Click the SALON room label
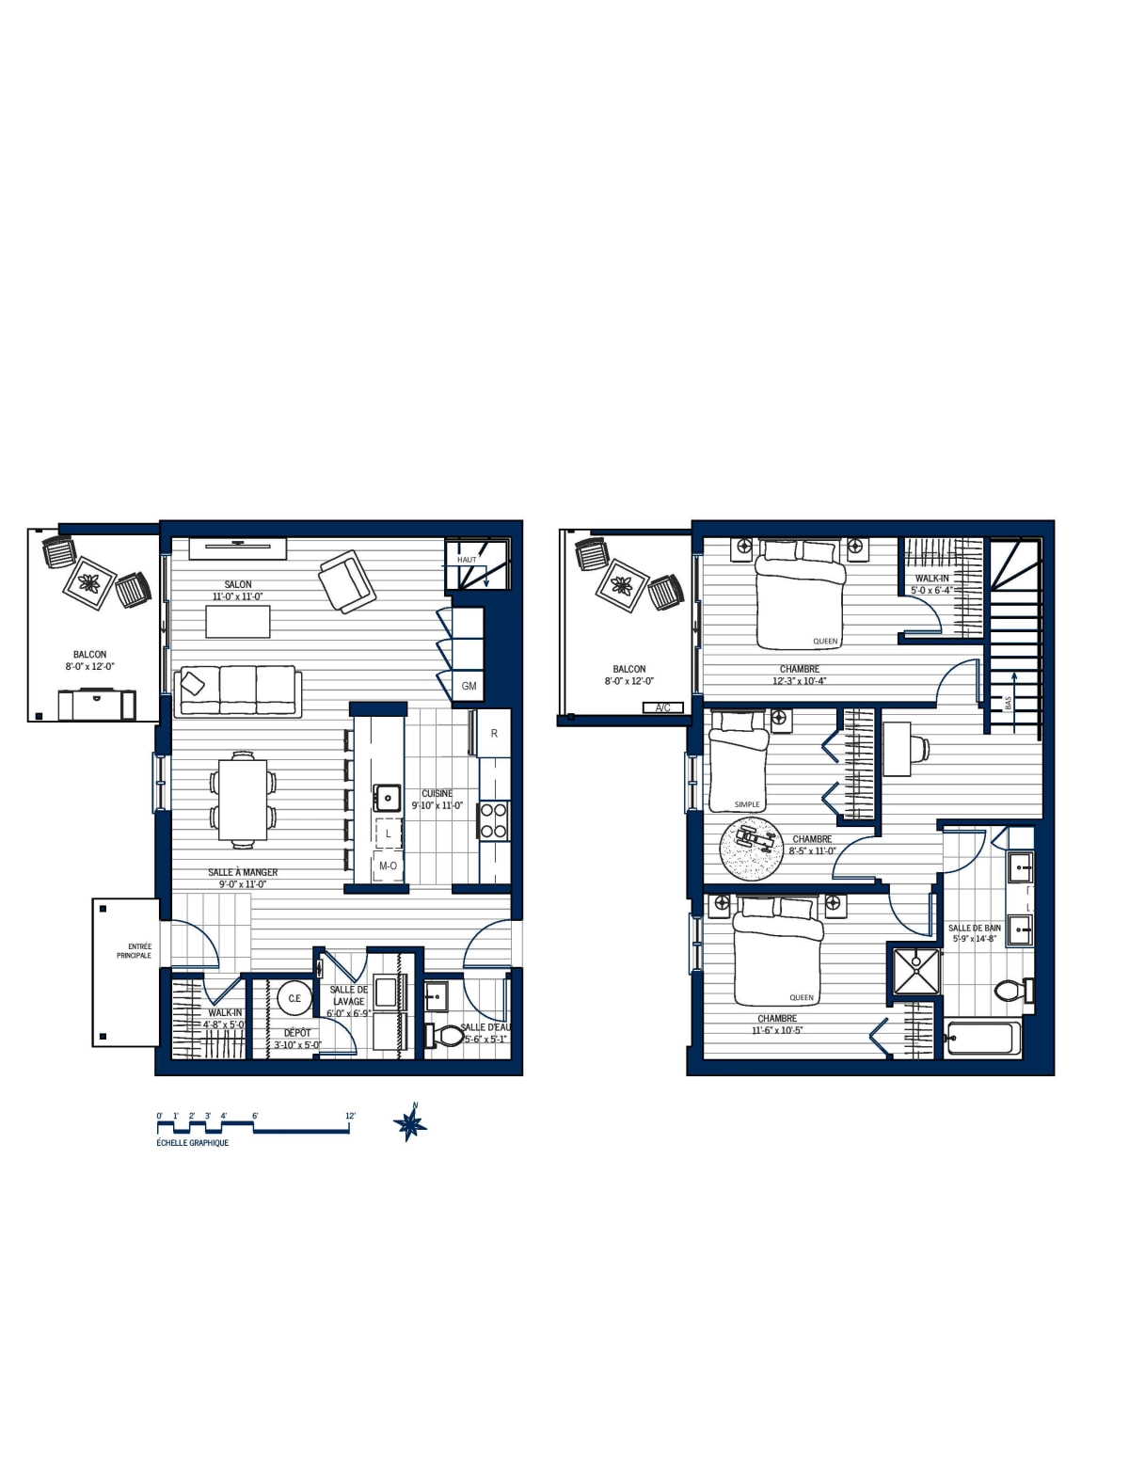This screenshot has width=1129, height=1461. click(x=238, y=584)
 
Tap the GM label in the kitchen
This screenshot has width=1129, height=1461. click(x=469, y=687)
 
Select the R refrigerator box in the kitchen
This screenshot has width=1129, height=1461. click(x=494, y=734)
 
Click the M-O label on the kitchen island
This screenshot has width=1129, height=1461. click(x=388, y=865)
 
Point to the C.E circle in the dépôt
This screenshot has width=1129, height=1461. click(x=294, y=998)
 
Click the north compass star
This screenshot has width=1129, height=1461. click(x=410, y=1123)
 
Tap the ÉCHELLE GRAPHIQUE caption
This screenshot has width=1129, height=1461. click(x=192, y=1143)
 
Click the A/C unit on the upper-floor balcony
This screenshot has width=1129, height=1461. click(x=662, y=707)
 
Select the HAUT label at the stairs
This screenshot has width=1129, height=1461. click(x=467, y=560)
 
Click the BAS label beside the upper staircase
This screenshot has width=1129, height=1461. click(x=1008, y=703)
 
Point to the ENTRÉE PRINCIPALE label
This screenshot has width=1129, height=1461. click(x=134, y=951)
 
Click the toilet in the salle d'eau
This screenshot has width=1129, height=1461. click(x=445, y=1036)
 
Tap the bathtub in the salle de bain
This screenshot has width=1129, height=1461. click(x=980, y=1039)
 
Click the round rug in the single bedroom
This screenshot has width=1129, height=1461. click(x=752, y=849)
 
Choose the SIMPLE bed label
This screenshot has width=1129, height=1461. click(x=747, y=805)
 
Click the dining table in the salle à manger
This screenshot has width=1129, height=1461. click(x=243, y=799)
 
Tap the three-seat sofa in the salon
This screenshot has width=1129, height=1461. click(x=238, y=691)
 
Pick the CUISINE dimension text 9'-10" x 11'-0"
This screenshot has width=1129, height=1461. click(x=437, y=806)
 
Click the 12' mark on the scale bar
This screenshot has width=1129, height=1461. click(x=350, y=1117)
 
